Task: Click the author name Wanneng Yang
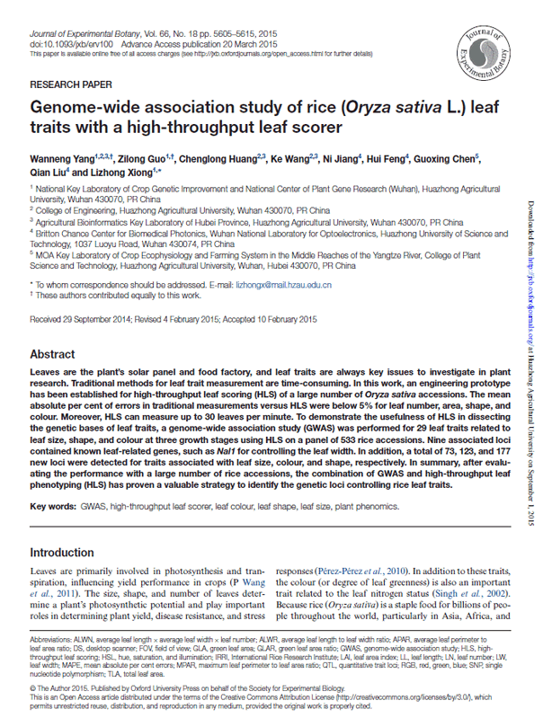coord(64,158)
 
